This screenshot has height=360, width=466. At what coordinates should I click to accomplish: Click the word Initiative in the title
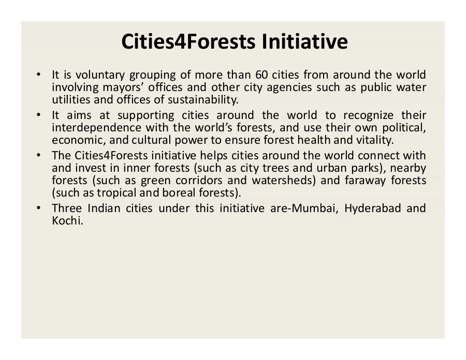click(304, 41)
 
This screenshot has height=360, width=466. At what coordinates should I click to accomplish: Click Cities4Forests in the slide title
click(188, 41)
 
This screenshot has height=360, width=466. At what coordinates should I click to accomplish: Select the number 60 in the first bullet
click(261, 75)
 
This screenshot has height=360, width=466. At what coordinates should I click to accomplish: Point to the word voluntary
click(100, 76)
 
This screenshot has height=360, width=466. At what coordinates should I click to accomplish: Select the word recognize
click(369, 116)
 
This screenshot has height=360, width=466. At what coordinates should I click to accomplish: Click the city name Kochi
click(67, 221)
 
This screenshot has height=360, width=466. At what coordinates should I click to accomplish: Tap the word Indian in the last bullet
click(104, 208)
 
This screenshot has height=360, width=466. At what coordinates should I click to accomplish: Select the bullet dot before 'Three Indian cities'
click(38, 208)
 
